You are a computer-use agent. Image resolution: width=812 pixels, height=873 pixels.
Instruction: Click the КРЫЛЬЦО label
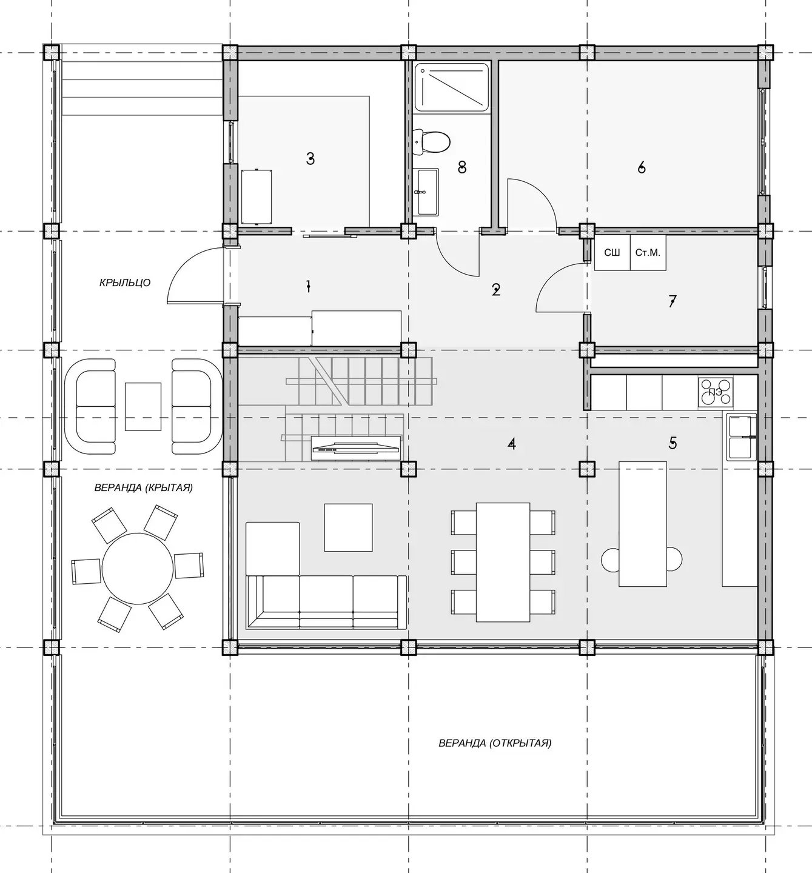(x=125, y=283)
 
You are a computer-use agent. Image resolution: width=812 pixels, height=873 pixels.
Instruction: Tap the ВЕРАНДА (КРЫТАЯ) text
(x=143, y=487)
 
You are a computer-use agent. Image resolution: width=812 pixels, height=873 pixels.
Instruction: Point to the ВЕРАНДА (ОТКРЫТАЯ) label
(x=495, y=743)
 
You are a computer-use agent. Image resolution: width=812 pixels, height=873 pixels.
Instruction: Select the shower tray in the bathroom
(x=451, y=87)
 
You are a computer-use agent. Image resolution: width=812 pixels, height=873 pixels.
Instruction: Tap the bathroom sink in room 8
(x=426, y=192)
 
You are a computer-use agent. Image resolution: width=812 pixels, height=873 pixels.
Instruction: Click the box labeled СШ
(x=612, y=252)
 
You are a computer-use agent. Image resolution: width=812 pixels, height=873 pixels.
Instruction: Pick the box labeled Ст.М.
(x=648, y=252)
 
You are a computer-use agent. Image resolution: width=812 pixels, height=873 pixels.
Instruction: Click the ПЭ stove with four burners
(x=715, y=392)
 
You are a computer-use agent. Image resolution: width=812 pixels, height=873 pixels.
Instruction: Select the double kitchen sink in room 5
(x=741, y=437)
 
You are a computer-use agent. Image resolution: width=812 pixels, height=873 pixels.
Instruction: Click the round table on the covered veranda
(x=138, y=569)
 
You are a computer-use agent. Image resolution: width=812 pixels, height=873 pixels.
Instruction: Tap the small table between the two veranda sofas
(x=143, y=407)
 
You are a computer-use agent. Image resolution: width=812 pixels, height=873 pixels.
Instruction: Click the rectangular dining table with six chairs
(x=503, y=562)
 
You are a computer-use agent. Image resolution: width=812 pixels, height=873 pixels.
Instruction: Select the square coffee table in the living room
(x=348, y=527)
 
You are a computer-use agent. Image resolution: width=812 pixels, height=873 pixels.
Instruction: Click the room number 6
(x=642, y=167)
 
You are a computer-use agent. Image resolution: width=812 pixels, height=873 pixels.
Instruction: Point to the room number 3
(x=310, y=159)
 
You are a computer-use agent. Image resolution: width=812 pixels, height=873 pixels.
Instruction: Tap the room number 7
(x=672, y=301)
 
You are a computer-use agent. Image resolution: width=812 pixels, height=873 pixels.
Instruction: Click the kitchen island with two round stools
(x=643, y=524)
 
